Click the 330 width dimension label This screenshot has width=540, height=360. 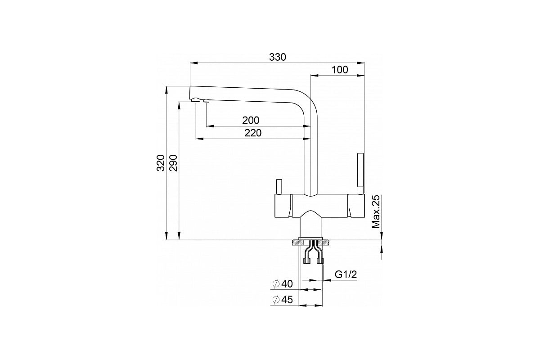pyautogui.click(x=278, y=57)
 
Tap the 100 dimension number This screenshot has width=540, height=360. pyautogui.click(x=340, y=70)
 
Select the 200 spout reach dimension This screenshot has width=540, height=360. pyautogui.click(x=251, y=120)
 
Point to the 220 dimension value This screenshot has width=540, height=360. pyautogui.click(x=253, y=133)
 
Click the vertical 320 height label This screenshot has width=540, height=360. pyautogui.click(x=161, y=163)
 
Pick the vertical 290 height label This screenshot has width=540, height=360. pyautogui.click(x=173, y=163)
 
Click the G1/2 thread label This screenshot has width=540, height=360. pyautogui.click(x=346, y=274)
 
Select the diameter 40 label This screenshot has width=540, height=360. pyautogui.click(x=282, y=284)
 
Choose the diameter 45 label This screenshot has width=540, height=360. pyautogui.click(x=282, y=300)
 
